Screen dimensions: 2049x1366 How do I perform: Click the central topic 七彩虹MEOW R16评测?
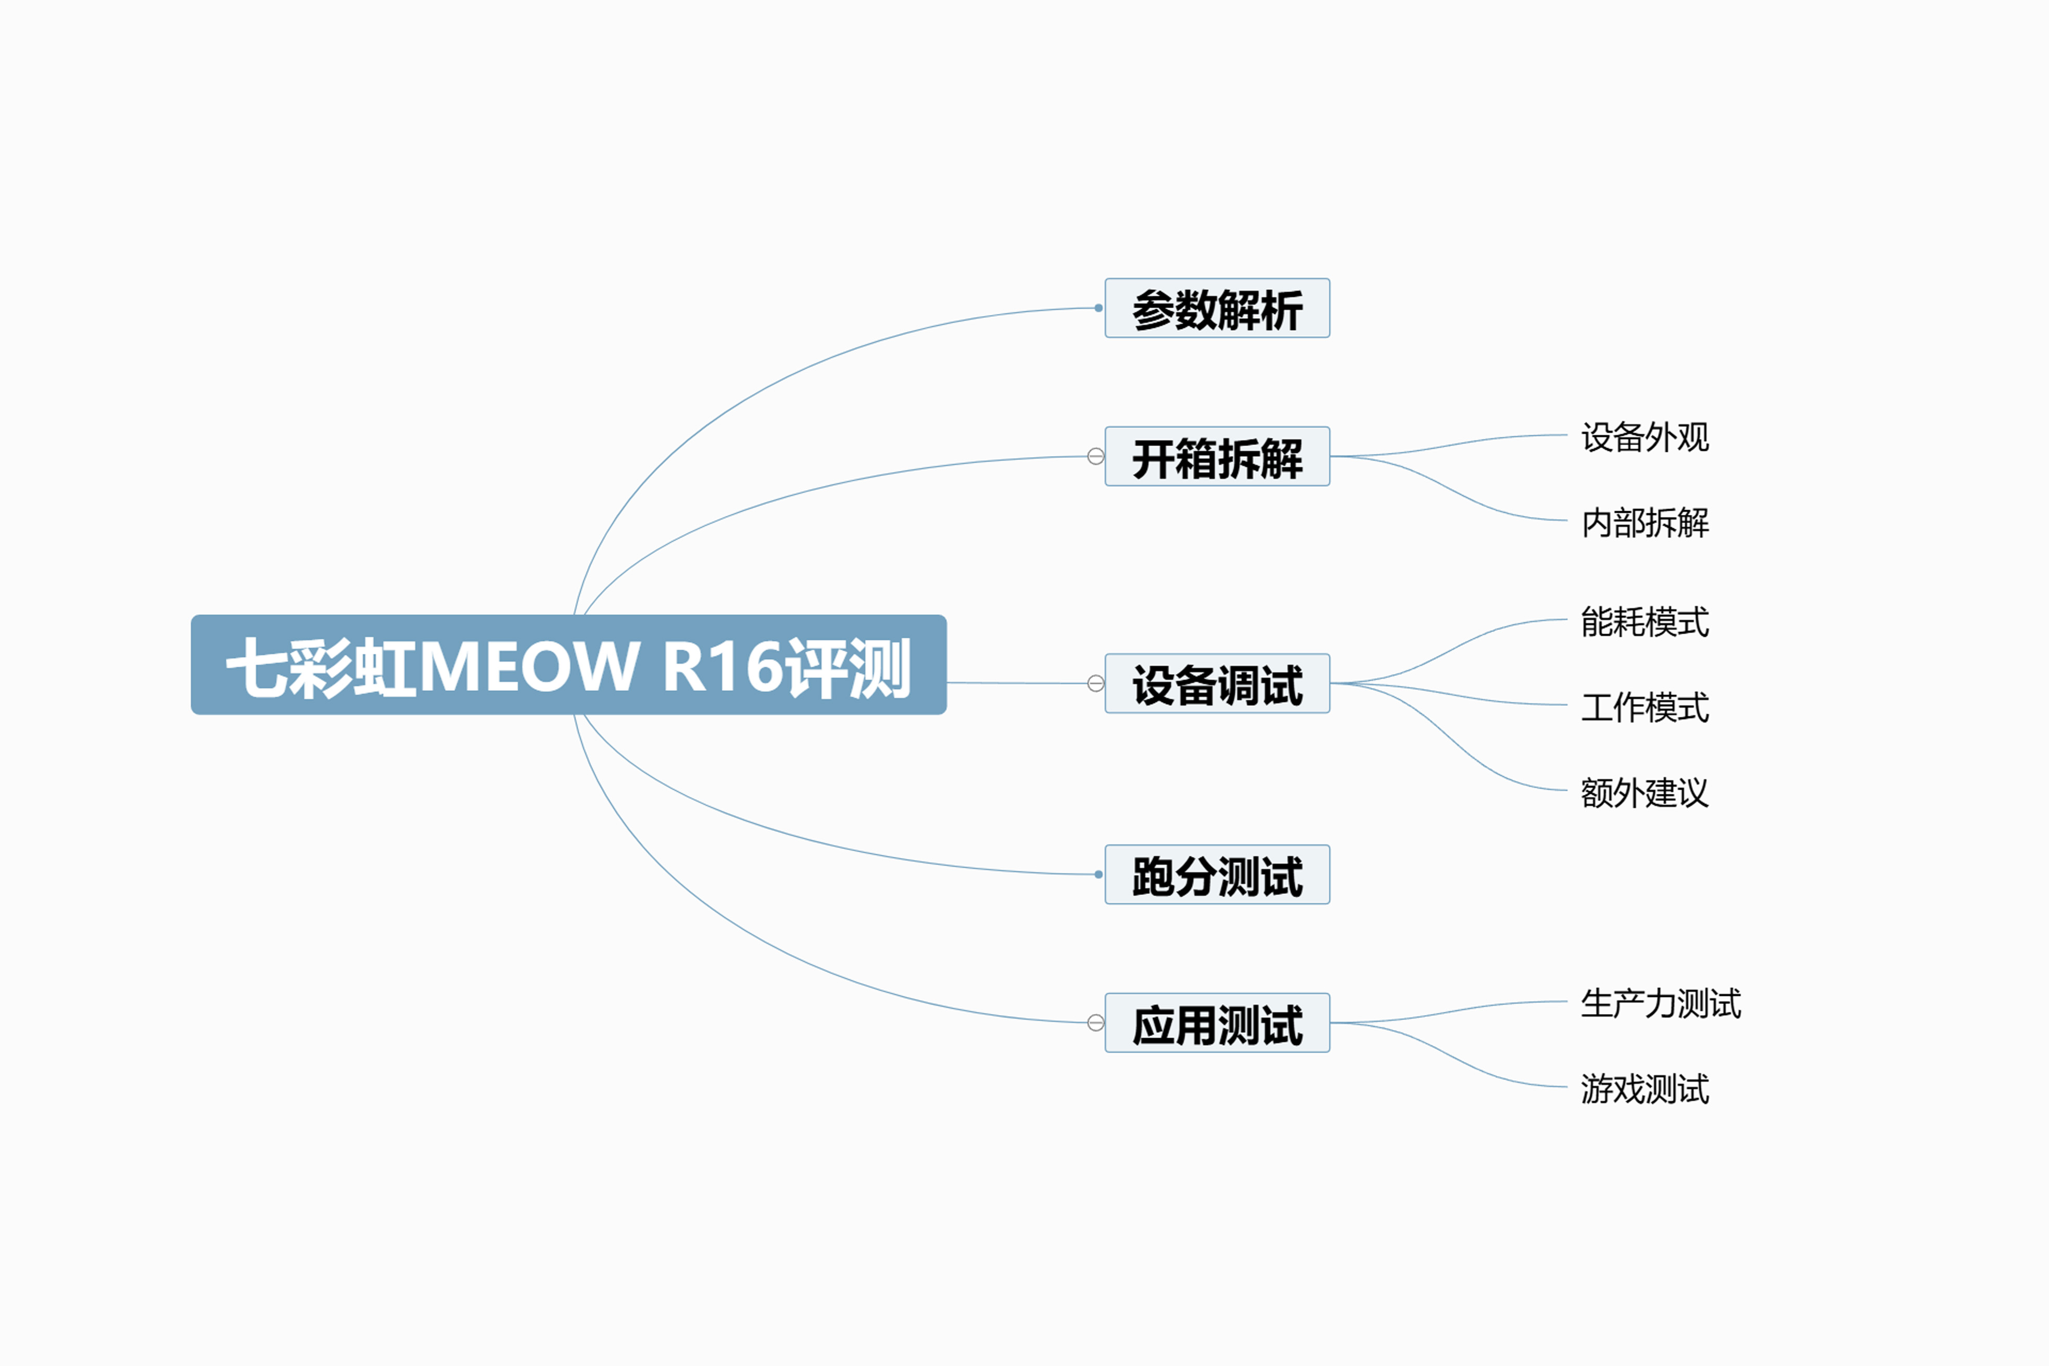[x=569, y=665]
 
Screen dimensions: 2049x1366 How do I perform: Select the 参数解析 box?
[x=1217, y=308]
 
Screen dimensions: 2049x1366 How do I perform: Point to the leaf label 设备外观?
[x=1645, y=436]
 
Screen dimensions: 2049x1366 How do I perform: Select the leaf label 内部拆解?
[x=1645, y=522]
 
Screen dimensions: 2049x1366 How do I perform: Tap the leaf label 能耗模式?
[x=1645, y=621]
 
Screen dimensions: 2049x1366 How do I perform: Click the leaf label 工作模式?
[x=1645, y=706]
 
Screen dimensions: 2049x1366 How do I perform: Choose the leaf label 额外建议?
[x=1645, y=792]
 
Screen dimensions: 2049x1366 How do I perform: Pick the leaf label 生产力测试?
[x=1661, y=1003]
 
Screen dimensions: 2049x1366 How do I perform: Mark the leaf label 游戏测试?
[x=1645, y=1088]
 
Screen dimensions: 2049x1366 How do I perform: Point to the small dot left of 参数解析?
[x=1098, y=308]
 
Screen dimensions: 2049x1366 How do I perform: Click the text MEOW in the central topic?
[x=529, y=666]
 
